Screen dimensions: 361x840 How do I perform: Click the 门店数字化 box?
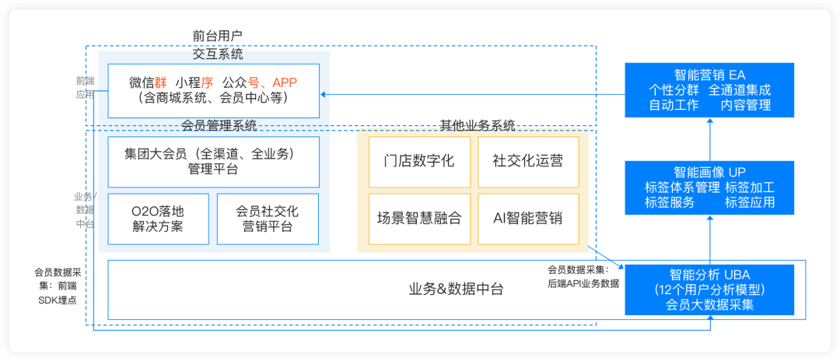coord(419,162)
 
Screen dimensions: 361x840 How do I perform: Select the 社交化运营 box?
coord(528,162)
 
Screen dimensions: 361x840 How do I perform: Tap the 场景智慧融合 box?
coord(419,218)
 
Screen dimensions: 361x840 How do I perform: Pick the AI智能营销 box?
coord(528,218)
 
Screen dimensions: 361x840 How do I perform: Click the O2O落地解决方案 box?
coord(158,218)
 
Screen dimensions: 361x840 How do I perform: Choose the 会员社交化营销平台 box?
coord(268,218)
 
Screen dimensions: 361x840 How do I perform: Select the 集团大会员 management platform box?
coord(213,162)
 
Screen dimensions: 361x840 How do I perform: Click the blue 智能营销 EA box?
coord(710,90)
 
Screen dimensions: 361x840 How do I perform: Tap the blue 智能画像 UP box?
coord(710,188)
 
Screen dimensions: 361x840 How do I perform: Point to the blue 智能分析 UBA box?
coord(710,289)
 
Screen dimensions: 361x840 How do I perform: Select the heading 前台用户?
coord(218,36)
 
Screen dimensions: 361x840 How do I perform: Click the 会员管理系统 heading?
coord(219,125)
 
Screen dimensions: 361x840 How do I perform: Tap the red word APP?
coord(285,82)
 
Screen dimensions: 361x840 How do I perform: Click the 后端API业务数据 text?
coord(583,283)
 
